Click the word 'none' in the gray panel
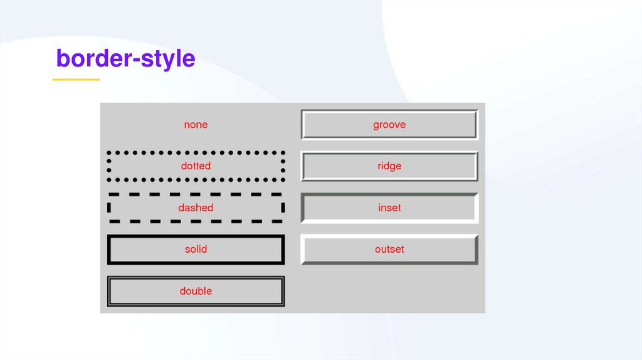[196, 125]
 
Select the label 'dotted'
[196, 166]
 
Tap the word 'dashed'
[196, 208]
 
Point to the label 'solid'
[196, 249]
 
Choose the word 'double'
[196, 291]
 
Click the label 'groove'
[389, 125]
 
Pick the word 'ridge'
[389, 166]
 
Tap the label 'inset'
[389, 208]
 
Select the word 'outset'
[389, 249]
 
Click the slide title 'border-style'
[125, 58]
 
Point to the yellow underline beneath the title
[76, 80]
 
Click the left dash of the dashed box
[109, 208]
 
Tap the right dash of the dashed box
[283, 208]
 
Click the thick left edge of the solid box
[109, 249]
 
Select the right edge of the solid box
[283, 249]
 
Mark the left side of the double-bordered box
[109, 291]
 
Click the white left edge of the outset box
[303, 249]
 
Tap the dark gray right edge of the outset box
[476, 249]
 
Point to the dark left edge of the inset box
[303, 208]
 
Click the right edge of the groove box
[476, 125]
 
